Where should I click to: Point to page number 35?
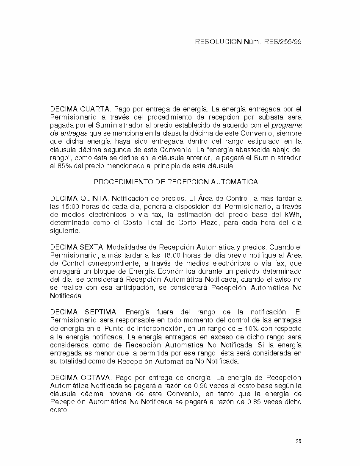[x=299, y=441]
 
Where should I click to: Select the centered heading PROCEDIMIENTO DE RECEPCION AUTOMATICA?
[x=176, y=182]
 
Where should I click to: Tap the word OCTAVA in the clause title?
[x=95, y=377]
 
